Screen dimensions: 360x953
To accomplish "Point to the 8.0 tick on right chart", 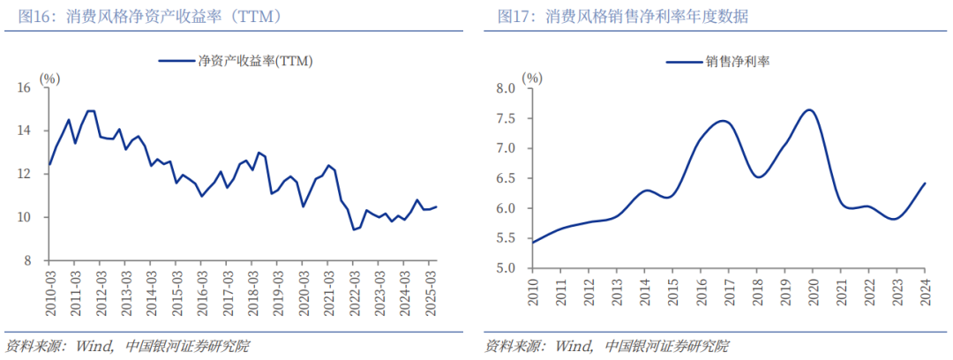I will coord(505,88).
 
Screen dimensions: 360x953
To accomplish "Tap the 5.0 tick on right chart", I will coord(505,268).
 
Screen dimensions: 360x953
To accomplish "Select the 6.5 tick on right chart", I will coord(505,178).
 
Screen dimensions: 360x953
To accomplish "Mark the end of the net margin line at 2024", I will coord(924,184).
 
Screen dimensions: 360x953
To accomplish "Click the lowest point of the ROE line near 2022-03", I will coord(354,229).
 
